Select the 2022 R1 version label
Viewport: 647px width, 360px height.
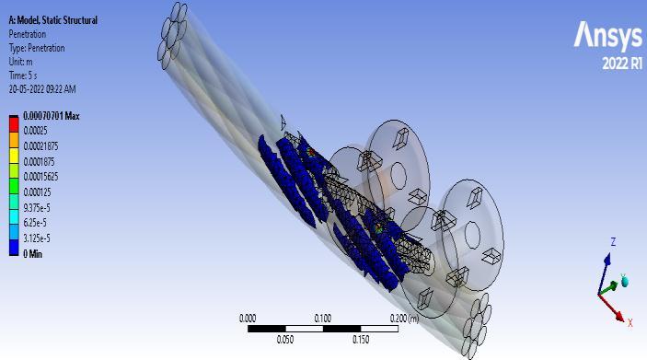click(x=622, y=64)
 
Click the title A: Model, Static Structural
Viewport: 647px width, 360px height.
click(x=53, y=20)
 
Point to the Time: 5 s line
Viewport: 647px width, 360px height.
click(x=23, y=75)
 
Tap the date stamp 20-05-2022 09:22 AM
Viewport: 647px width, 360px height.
click(x=42, y=89)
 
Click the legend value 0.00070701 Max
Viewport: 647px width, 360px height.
click(x=52, y=116)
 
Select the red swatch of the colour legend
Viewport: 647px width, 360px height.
click(x=14, y=124)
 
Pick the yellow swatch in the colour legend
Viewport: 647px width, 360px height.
click(x=14, y=156)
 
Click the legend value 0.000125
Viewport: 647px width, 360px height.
click(x=37, y=192)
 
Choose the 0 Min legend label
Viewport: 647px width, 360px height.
click(x=33, y=254)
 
